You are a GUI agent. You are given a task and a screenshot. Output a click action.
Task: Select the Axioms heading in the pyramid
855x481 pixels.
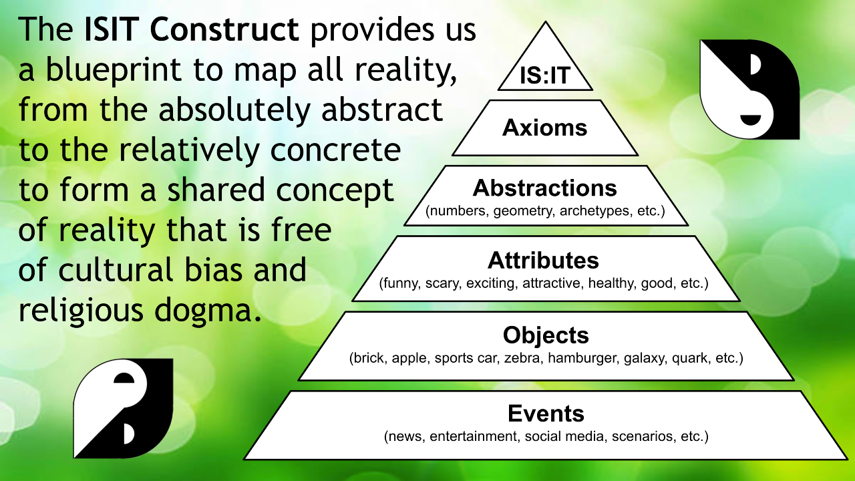coord(545,128)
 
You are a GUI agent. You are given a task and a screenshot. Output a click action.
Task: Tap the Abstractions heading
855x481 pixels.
coord(545,188)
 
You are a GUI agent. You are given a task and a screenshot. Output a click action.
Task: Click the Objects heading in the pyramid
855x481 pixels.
coord(546,335)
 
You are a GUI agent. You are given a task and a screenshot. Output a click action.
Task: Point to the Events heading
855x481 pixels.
coord(546,414)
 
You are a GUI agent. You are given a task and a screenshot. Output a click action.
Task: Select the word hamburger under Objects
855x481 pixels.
coord(583,358)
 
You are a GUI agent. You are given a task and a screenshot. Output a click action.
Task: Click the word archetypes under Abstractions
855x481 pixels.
coord(592,213)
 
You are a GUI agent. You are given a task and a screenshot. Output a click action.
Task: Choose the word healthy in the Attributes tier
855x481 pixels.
coord(611,283)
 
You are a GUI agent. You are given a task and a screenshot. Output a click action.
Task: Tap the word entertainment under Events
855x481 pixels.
coord(473,437)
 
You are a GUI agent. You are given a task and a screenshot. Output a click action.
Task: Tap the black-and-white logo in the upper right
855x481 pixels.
coord(749,89)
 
